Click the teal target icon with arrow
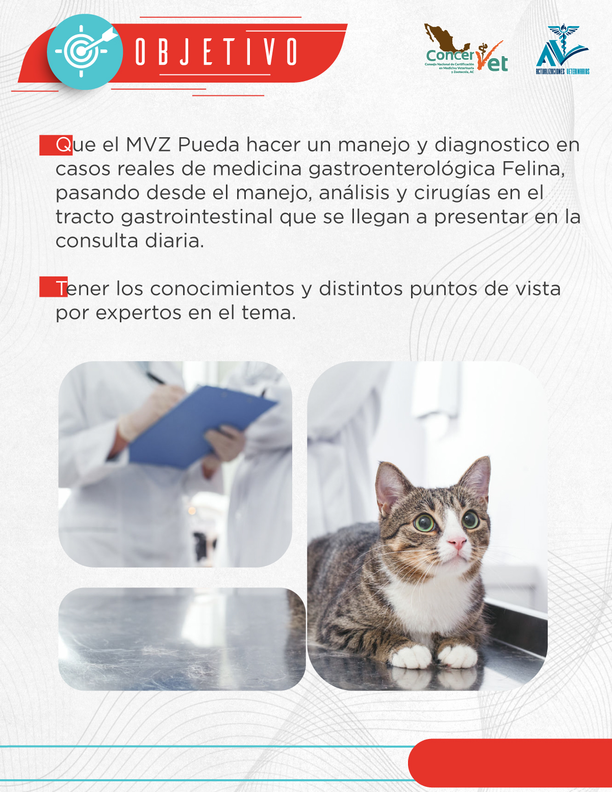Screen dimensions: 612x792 pos(85,52)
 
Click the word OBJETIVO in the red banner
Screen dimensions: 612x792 pos(217,52)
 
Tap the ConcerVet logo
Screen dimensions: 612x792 pos(466,49)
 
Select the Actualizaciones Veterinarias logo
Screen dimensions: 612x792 pos(563,49)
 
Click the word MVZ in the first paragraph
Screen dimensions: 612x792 pos(148,145)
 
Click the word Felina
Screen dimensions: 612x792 pos(533,169)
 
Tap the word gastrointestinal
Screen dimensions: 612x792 pos(197,217)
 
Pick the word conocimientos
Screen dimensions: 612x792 pos(222,289)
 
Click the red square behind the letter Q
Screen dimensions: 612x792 pos(56,145)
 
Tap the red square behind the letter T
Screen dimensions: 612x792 pos(53,287)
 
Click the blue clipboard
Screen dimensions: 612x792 pos(202,427)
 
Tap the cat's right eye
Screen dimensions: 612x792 pos(425,523)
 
